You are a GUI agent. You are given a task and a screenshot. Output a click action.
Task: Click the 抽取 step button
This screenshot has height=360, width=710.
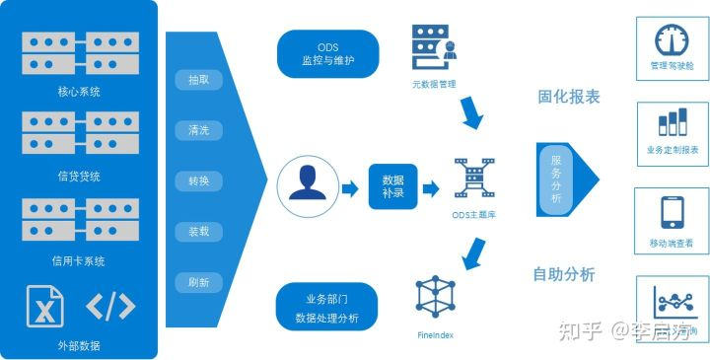click(198, 80)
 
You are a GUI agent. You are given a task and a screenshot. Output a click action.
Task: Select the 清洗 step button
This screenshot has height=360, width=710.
click(198, 130)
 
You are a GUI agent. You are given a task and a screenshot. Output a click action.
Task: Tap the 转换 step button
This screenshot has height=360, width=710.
click(198, 181)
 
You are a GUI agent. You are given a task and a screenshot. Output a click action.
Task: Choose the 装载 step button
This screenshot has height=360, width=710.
click(198, 232)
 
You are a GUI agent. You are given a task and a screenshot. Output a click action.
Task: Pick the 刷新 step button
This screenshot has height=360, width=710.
click(198, 282)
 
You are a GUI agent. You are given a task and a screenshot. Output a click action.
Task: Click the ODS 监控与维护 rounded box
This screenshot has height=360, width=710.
click(328, 53)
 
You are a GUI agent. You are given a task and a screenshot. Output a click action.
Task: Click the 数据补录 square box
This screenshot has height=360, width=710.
click(393, 186)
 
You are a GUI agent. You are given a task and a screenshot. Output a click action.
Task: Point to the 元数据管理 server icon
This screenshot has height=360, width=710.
click(434, 46)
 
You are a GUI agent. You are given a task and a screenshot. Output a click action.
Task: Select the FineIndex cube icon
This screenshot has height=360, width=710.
click(435, 298)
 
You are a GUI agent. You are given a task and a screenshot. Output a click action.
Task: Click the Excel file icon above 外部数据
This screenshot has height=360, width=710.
click(44, 307)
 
